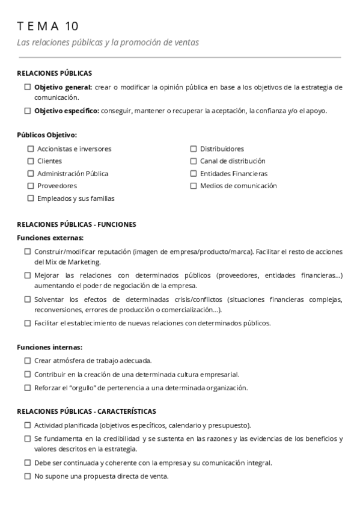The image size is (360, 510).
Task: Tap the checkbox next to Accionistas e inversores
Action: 31,149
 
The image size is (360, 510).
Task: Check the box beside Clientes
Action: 31,161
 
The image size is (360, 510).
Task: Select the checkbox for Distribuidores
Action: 194,149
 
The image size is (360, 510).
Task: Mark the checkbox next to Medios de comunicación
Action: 194,186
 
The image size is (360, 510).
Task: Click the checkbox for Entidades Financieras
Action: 194,174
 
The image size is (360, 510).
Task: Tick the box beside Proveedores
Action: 31,186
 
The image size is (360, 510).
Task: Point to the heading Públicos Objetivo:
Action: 47,135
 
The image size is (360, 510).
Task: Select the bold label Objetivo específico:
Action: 67,111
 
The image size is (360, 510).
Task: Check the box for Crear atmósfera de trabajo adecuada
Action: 28,360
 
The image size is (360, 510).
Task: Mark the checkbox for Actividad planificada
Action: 28,425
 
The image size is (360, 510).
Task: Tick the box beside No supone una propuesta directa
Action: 28,476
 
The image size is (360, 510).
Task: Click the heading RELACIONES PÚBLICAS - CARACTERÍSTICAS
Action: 87,411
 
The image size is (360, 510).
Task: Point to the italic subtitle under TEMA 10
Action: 108,43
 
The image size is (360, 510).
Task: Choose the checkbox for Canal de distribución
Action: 194,161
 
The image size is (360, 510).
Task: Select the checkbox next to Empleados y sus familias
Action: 31,198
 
